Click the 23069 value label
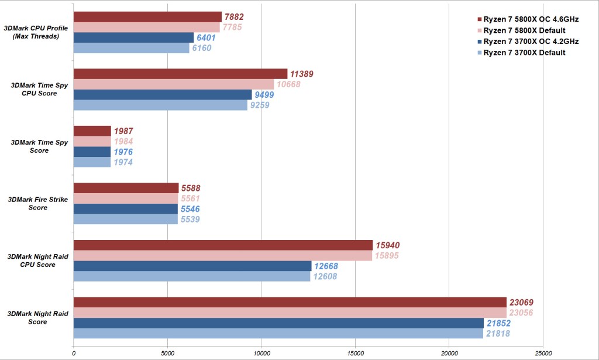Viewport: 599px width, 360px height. point(521,303)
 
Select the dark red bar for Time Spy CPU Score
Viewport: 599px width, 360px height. point(180,73)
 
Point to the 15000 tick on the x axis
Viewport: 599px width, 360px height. point(355,353)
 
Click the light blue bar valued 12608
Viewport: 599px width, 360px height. point(192,276)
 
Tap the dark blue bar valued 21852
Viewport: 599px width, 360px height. point(278,323)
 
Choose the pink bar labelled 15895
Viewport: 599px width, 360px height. point(223,256)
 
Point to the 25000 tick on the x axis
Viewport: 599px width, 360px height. point(543,353)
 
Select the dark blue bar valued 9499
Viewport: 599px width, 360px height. point(163,95)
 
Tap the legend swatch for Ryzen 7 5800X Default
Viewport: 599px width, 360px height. point(480,30)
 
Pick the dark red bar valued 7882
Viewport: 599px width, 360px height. point(147,16)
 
